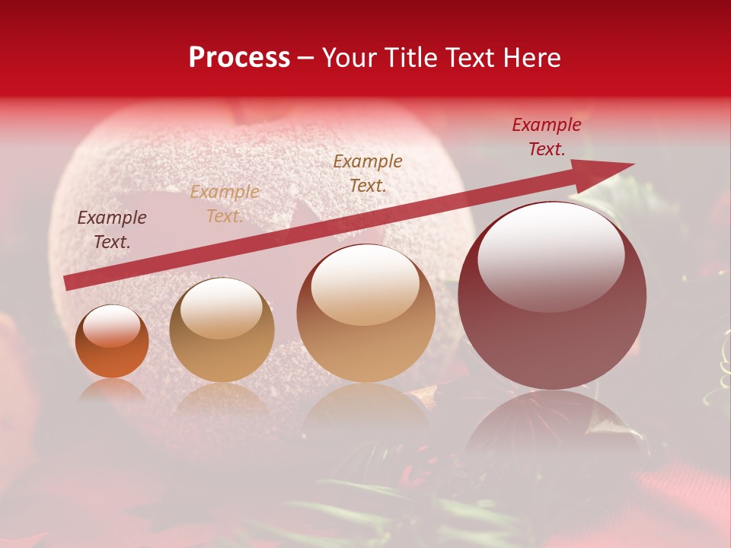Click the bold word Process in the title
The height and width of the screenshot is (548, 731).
(x=239, y=58)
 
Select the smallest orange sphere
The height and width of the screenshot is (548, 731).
(x=112, y=342)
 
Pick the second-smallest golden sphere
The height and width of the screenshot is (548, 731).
(x=222, y=330)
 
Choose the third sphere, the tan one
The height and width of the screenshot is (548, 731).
(x=365, y=313)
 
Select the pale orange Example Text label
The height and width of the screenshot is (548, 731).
(x=225, y=204)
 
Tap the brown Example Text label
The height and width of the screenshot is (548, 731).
(x=368, y=173)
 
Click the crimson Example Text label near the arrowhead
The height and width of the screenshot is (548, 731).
(x=547, y=137)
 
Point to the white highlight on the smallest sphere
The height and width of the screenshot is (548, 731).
(x=111, y=327)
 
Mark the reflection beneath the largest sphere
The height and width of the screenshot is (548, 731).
(x=552, y=426)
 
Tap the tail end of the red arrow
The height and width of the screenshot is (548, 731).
(x=70, y=282)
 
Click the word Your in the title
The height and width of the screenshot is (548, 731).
(x=350, y=58)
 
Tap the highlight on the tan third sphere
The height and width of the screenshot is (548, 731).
(x=365, y=285)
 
